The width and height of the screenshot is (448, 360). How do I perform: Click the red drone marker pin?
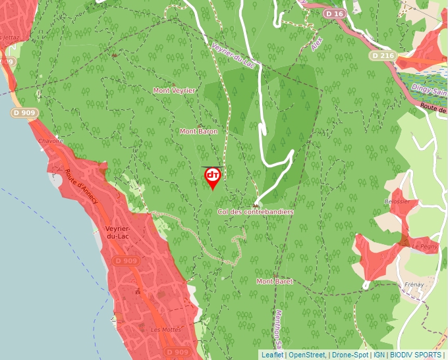212,176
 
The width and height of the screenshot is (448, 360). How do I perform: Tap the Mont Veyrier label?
174,90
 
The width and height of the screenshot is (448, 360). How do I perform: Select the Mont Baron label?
198,132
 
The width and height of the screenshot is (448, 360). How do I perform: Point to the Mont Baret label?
274,281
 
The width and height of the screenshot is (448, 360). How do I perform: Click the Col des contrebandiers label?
255,212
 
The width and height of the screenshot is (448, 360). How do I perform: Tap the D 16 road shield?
335,14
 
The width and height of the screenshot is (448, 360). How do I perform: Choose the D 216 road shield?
383,56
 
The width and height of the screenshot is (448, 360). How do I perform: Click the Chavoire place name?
51,141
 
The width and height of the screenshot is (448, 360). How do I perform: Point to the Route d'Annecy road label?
81,186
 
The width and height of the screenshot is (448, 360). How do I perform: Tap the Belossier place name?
397,201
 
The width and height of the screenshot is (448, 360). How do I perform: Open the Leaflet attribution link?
272,355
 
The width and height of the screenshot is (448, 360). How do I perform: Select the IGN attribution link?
379,355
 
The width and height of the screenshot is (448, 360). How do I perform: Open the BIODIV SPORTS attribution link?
415,355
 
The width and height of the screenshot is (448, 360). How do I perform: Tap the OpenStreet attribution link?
307,355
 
